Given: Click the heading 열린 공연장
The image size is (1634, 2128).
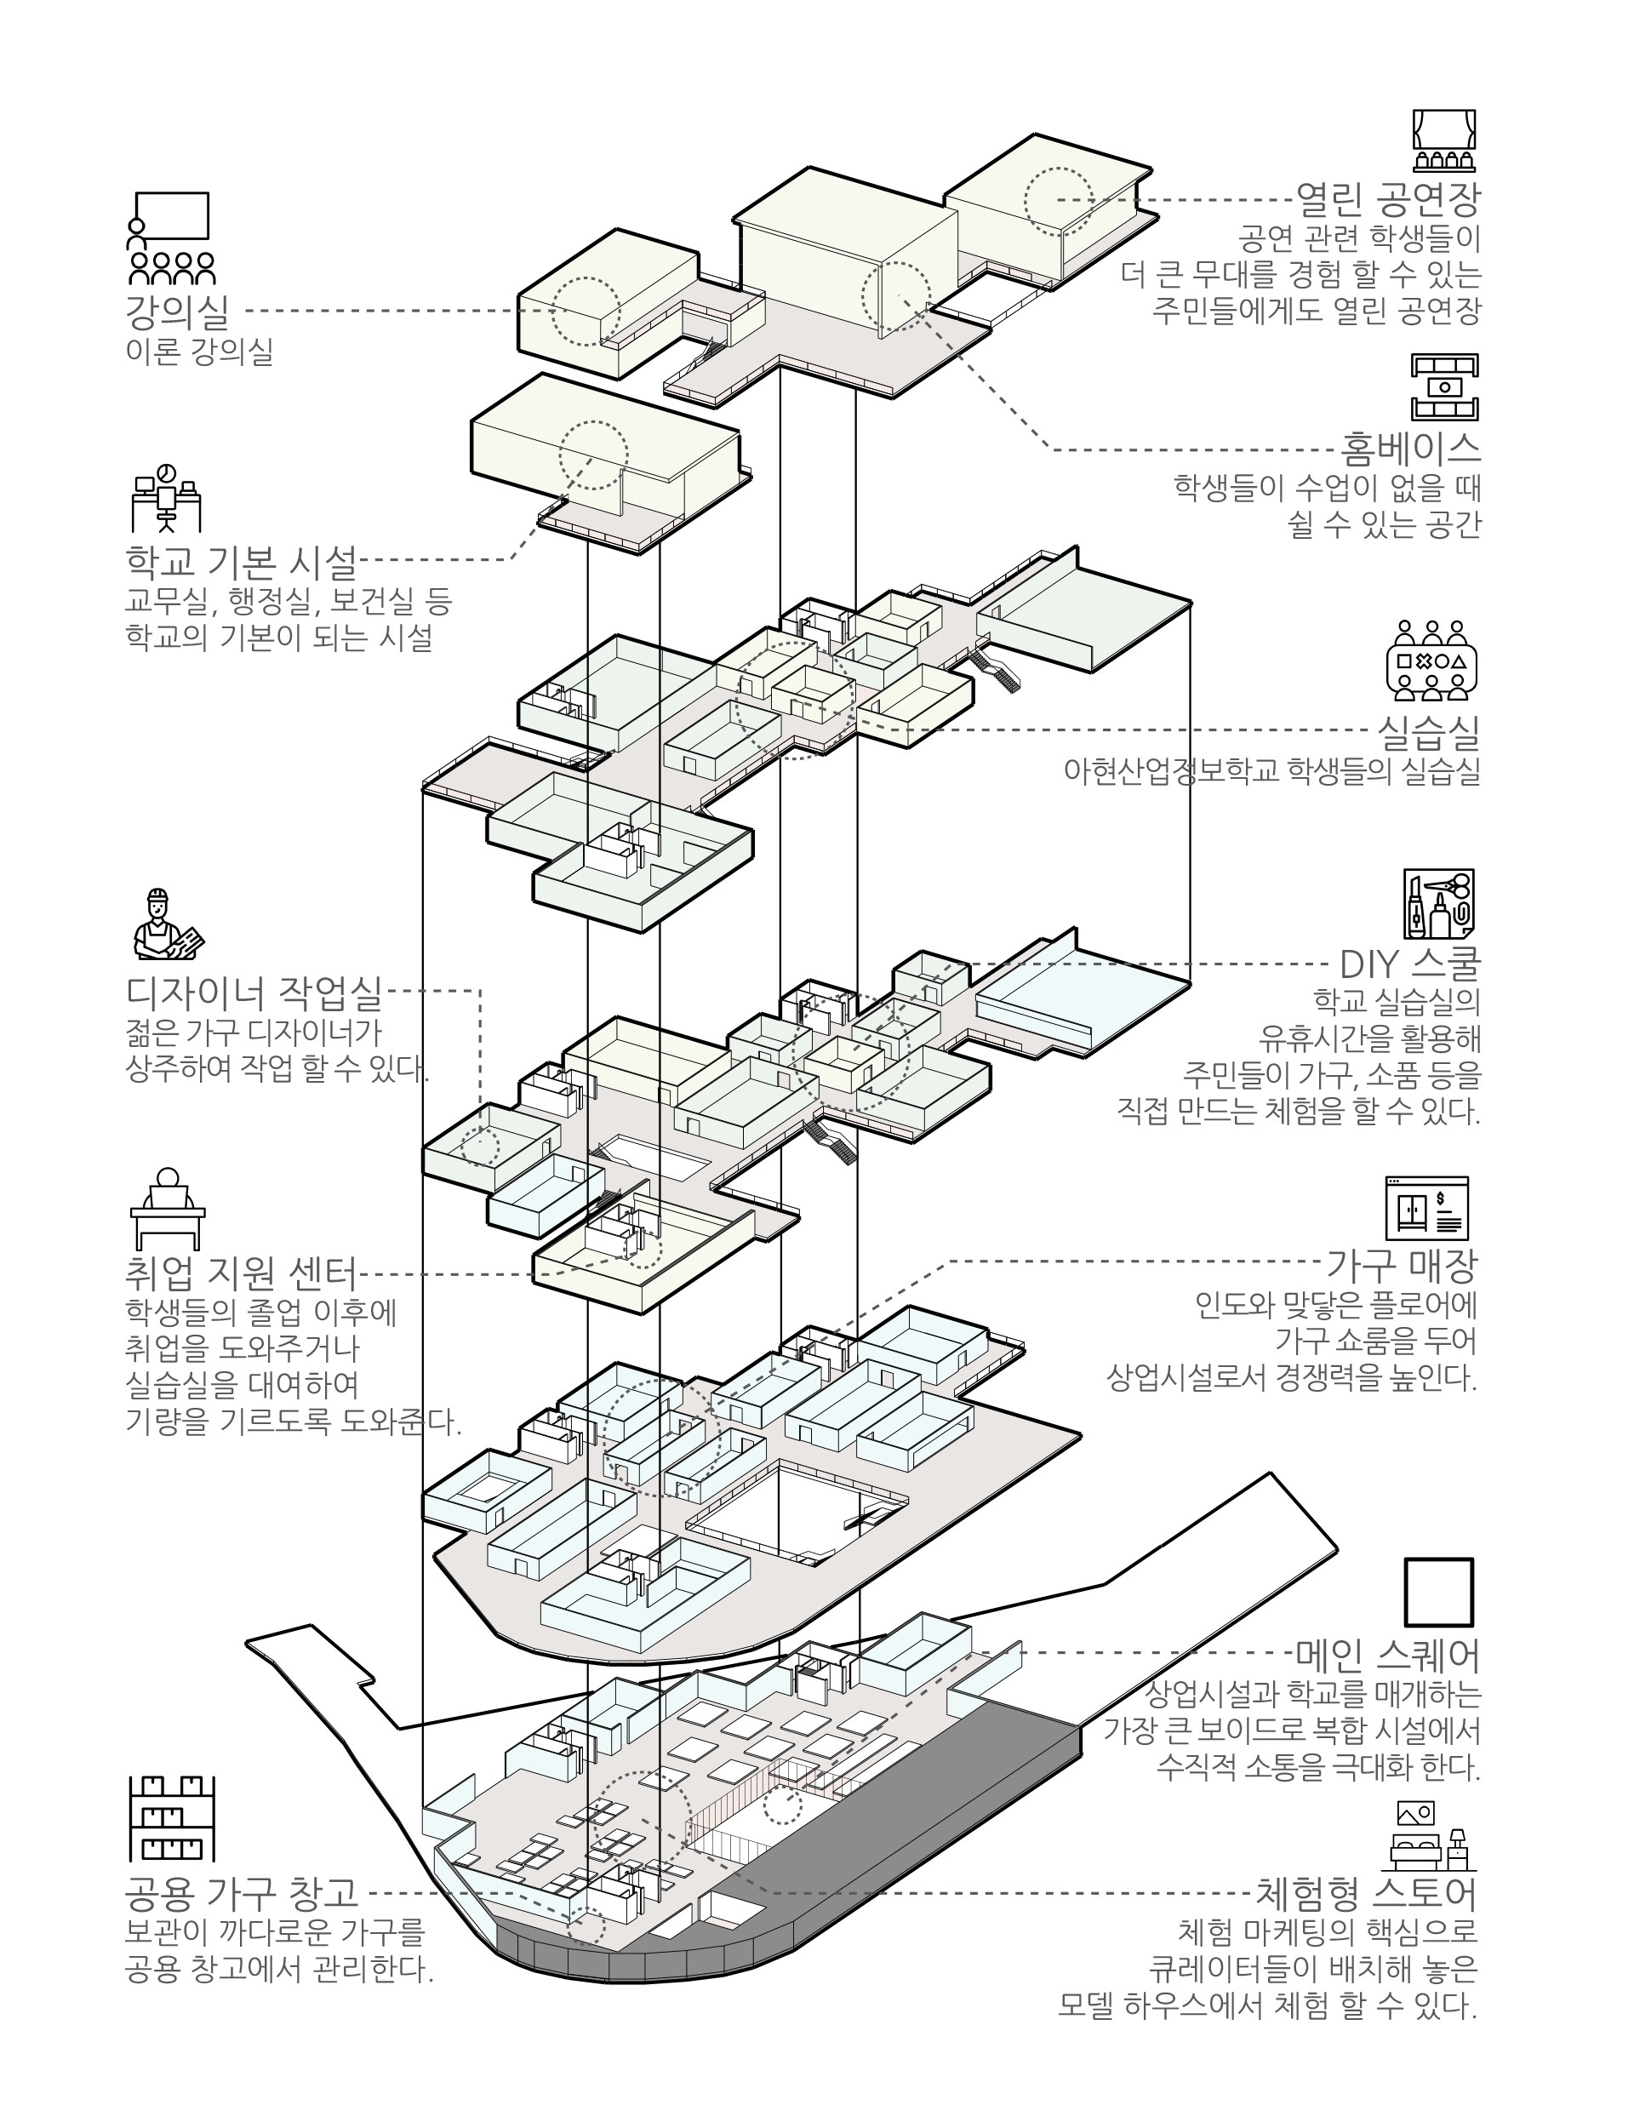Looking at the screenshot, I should pos(1388,200).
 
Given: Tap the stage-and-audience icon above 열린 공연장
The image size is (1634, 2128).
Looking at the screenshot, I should pos(1444,142).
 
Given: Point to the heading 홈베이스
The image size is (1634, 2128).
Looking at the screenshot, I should pos(1409,449).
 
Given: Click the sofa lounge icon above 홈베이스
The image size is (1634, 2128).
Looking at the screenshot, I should pos(1444,387).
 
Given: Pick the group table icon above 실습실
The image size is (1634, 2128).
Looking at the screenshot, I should pos(1431,661).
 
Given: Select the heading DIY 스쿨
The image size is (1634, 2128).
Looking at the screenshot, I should pos(1409,964).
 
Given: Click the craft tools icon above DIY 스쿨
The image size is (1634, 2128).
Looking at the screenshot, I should pos(1438,903).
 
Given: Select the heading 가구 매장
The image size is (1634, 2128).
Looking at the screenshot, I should pos(1402,1266).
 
